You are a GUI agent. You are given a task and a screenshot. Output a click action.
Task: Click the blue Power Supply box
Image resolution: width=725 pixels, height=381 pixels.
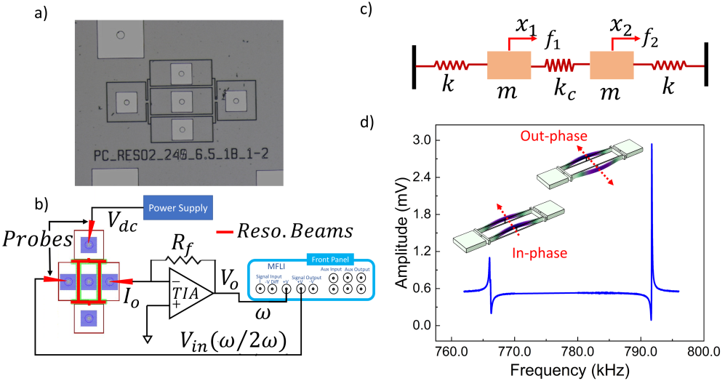click(x=175, y=207)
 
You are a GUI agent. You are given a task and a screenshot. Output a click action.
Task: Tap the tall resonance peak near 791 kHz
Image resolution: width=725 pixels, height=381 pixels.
click(x=652, y=145)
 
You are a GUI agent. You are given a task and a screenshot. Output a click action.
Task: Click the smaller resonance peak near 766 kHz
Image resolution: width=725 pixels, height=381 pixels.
click(x=490, y=260)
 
